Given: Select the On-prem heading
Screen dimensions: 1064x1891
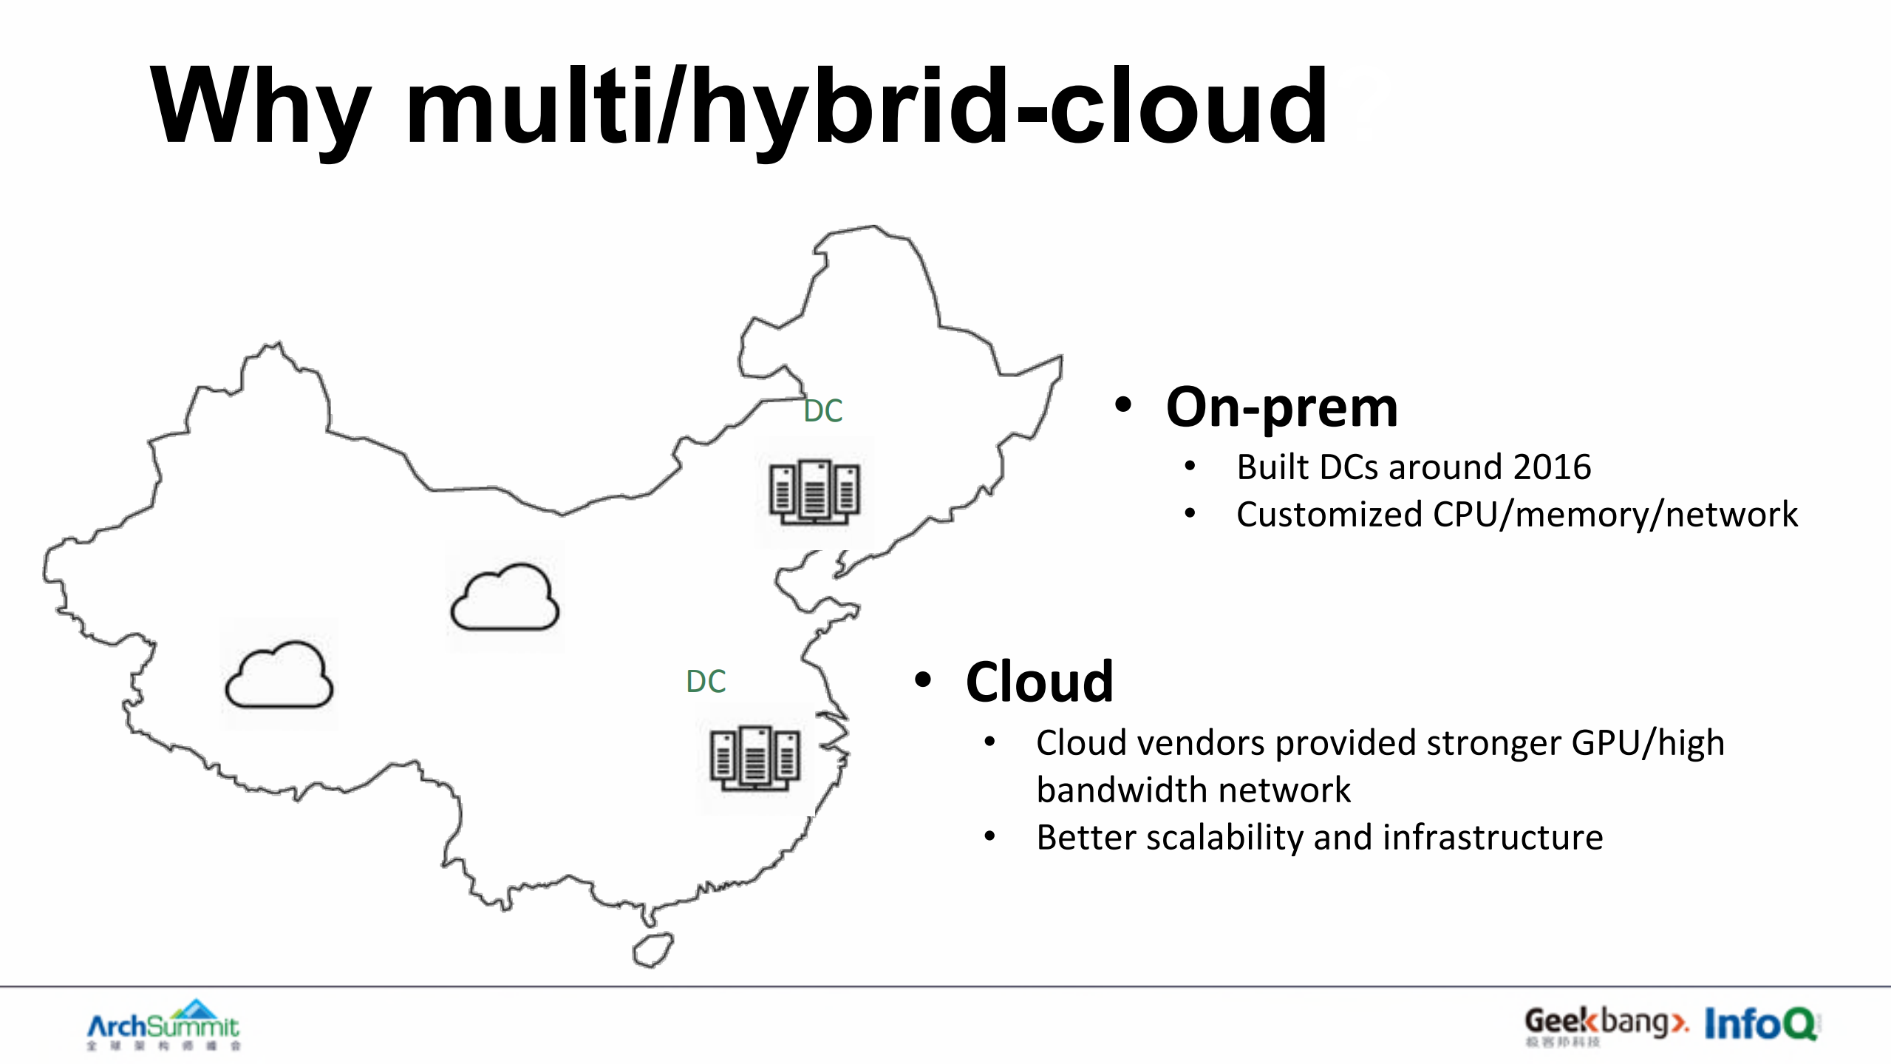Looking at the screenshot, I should point(1281,407).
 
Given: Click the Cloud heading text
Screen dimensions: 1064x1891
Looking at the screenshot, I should point(1039,682).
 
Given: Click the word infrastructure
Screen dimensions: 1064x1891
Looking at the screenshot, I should point(1493,838).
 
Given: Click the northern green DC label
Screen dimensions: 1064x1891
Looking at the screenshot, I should point(823,411).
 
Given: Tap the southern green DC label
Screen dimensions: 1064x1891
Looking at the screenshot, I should point(706,682).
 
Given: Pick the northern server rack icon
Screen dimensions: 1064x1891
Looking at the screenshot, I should point(814,492).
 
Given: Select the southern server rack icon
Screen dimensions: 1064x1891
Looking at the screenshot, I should point(754,759).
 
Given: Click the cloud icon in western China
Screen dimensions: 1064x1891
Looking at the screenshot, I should point(279,675).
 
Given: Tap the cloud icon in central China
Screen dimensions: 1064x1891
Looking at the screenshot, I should point(505,597).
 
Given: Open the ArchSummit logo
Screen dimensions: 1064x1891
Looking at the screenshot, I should point(163,1025).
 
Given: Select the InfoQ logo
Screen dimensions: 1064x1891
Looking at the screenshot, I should point(1759,1024).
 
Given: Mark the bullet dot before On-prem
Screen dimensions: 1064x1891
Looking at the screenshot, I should point(1123,404).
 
